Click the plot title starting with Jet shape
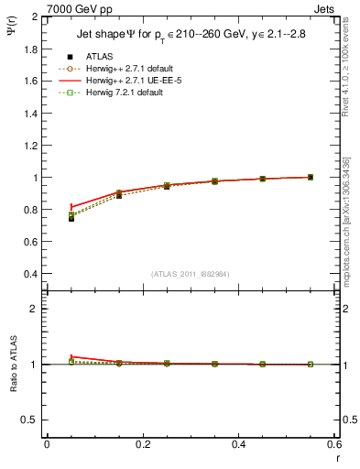(x=188, y=36)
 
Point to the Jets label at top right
(x=326, y=9)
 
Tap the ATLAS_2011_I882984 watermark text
(x=189, y=274)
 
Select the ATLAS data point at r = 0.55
(x=311, y=177)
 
